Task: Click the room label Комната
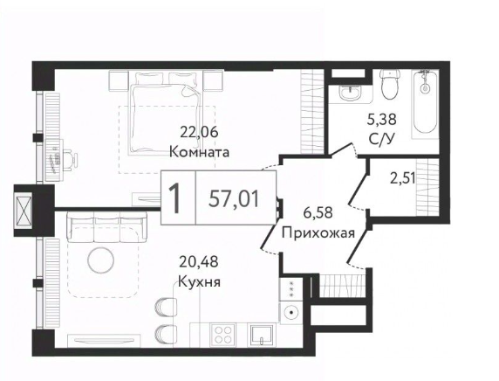[200, 150]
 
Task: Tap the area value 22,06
[200, 133]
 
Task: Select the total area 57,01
[234, 197]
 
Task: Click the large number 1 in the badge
[176, 198]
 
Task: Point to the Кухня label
[198, 282]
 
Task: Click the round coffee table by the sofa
[100, 259]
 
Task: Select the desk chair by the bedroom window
[63, 160]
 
